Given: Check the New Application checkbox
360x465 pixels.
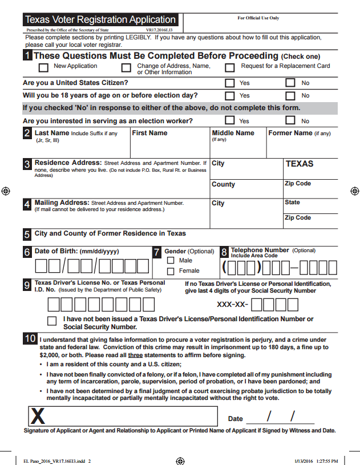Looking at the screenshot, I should [x=43, y=68].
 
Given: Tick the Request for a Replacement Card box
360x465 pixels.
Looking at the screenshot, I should [x=230, y=68].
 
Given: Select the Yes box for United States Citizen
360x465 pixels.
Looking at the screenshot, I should [x=230, y=83].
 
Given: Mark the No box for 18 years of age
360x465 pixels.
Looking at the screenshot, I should [x=290, y=95].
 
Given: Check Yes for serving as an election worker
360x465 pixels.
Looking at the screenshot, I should [x=230, y=120].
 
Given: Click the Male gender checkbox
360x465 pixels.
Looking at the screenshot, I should [x=171, y=260].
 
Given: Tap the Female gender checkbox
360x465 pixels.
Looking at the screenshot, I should [x=171, y=270].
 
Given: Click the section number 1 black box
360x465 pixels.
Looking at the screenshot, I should [x=27, y=55].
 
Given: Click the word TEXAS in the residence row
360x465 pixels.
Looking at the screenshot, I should [x=300, y=164].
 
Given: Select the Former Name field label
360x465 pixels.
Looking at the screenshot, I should [x=290, y=133].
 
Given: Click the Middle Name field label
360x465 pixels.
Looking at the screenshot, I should [x=233, y=133].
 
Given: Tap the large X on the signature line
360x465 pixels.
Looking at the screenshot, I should [x=38, y=417].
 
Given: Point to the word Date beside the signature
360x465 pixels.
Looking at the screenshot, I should [x=236, y=419].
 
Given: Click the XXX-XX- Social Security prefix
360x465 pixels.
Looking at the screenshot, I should [x=233, y=304].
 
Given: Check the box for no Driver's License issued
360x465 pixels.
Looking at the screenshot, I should [x=52, y=320].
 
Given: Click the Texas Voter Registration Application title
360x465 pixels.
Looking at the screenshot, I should [x=100, y=20].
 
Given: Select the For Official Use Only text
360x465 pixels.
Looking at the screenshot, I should [x=258, y=18].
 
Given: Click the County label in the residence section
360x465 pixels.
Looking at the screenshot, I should [x=223, y=184].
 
